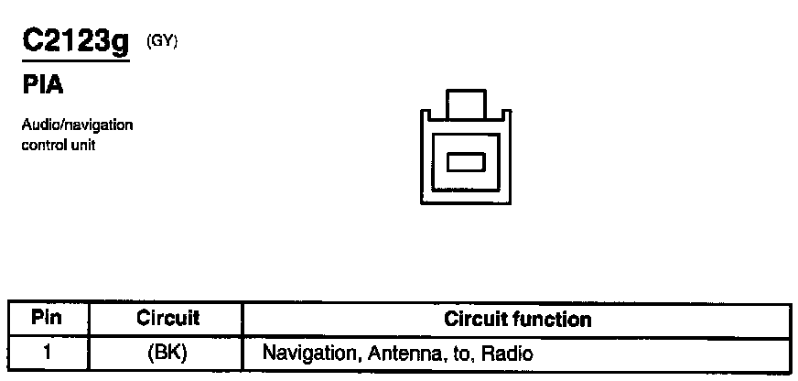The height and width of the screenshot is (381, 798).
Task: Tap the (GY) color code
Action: (x=162, y=40)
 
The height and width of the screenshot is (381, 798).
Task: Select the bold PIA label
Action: (x=42, y=87)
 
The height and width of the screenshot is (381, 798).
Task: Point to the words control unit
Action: (x=59, y=145)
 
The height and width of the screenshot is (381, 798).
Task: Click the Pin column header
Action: (x=46, y=319)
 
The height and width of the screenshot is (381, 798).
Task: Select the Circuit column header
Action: (x=167, y=319)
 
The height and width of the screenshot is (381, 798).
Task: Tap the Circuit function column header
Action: (x=517, y=320)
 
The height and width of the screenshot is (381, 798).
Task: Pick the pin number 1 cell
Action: (x=46, y=353)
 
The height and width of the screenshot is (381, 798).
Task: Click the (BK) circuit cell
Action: (x=167, y=353)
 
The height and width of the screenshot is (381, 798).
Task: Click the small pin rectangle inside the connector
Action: (x=465, y=162)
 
